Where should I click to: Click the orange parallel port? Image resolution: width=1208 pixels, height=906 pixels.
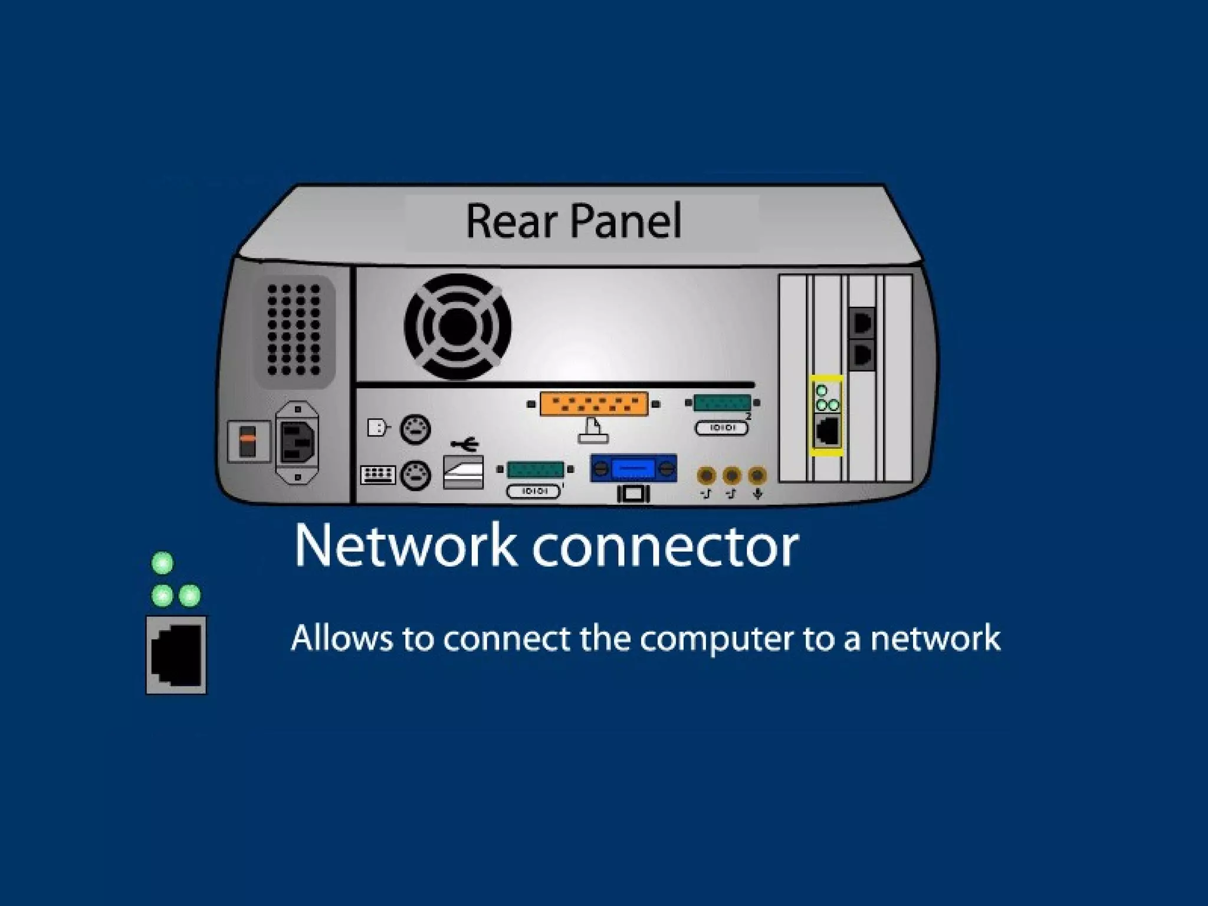point(593,404)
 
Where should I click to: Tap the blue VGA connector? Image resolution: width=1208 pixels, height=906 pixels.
point(633,469)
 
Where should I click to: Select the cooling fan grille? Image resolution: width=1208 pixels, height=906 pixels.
point(457,326)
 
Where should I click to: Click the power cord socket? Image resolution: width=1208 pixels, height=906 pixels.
point(298,442)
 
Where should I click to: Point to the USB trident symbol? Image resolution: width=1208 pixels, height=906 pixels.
point(465,443)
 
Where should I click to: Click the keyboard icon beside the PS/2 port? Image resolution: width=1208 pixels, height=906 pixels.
point(377,474)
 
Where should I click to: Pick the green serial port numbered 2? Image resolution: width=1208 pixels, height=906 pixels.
point(722,403)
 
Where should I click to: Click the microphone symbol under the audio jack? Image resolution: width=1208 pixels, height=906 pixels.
point(758,494)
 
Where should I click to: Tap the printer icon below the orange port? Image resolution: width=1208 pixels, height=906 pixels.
point(593,431)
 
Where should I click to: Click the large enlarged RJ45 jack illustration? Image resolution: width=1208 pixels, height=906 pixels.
point(176,655)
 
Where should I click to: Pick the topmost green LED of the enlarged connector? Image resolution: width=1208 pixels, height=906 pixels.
point(163,563)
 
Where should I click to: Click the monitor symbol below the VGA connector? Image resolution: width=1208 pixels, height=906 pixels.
point(633,494)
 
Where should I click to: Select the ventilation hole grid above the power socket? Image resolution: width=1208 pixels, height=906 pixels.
point(294,330)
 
